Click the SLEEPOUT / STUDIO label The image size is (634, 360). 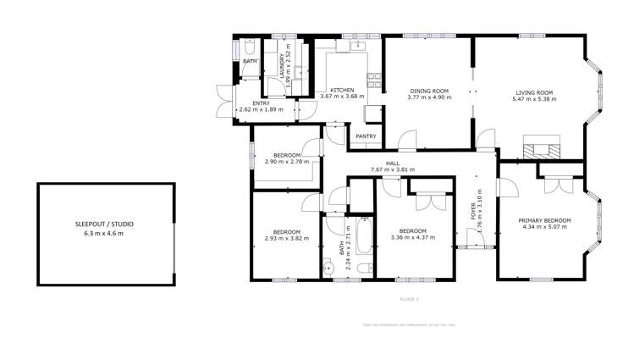click(x=104, y=224)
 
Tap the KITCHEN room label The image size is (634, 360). click(x=342, y=91)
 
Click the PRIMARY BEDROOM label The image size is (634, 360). click(x=544, y=220)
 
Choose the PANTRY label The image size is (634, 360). click(x=366, y=136)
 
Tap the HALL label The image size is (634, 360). click(x=393, y=163)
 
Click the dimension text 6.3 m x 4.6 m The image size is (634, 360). click(x=104, y=233)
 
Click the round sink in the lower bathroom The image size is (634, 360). click(x=328, y=270)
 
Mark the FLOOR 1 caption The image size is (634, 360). click(x=409, y=299)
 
